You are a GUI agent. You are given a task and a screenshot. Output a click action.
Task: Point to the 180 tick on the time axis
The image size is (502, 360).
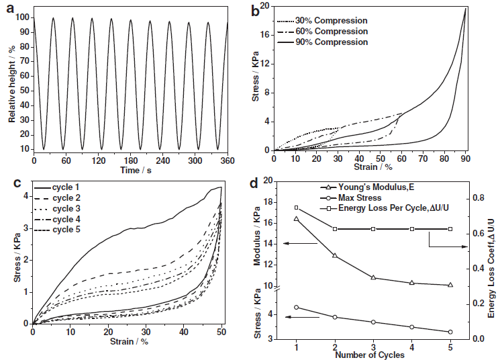point(130,161)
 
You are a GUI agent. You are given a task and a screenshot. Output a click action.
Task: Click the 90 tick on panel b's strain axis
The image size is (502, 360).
point(464,159)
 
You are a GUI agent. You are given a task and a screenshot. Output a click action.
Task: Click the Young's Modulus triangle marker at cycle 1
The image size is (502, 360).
point(297,219)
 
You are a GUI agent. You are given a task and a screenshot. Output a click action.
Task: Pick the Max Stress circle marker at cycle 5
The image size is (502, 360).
point(450,332)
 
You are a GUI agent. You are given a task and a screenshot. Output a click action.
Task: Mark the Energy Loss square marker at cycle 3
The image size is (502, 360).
point(373,229)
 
